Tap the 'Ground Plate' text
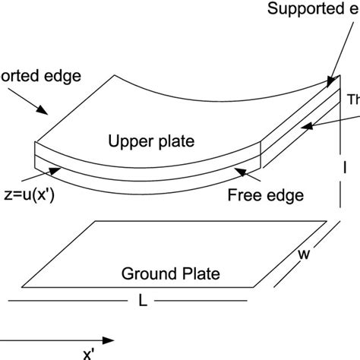pos(167,274)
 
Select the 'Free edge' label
pos(266,195)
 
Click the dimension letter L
pos(143,302)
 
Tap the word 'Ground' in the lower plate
pos(144,274)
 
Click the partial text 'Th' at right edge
pos(353,99)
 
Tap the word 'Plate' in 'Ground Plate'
pos(192,274)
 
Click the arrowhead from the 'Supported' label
pos(332,79)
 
